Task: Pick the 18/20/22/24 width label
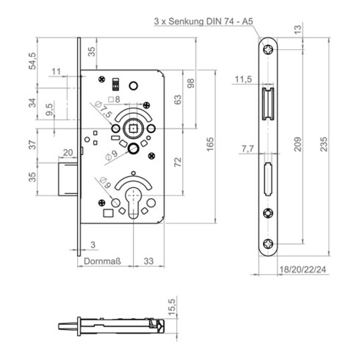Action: (303, 270)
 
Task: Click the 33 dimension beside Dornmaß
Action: (148, 259)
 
